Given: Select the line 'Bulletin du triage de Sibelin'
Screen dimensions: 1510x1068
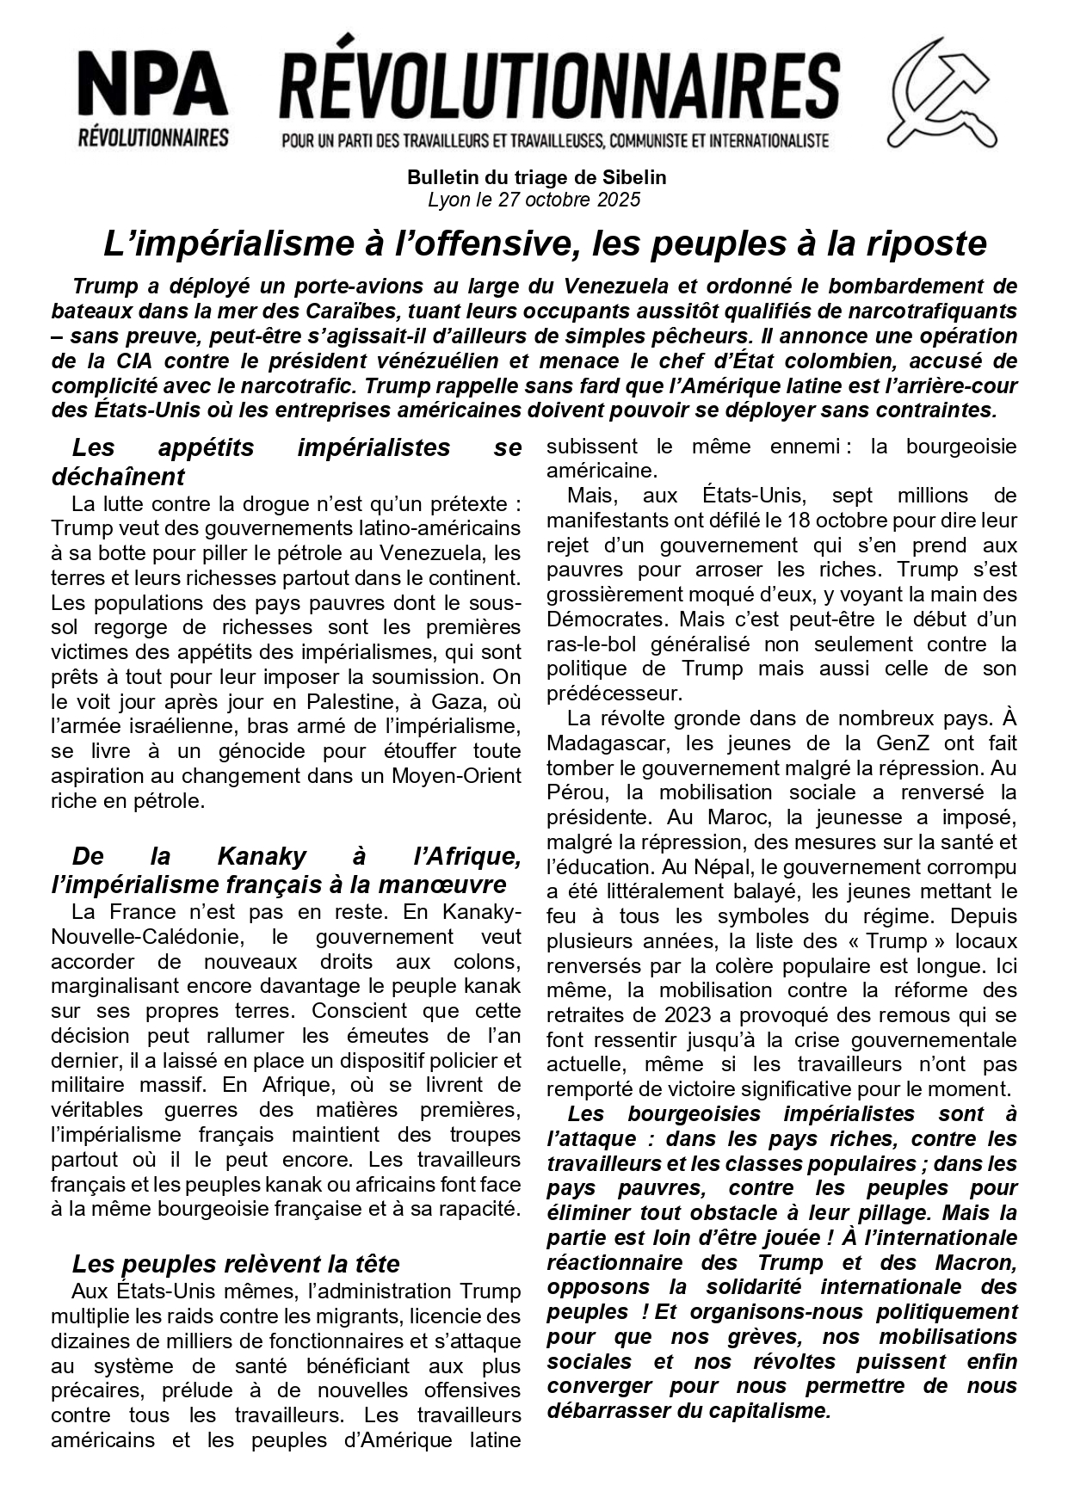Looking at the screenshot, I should tap(536, 178).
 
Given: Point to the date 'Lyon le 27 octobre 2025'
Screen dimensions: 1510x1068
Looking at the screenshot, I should tap(534, 200).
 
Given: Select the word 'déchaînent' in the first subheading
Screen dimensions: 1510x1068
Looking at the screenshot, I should tap(118, 476).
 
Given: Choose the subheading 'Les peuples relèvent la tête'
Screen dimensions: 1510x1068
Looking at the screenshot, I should tap(236, 1264).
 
